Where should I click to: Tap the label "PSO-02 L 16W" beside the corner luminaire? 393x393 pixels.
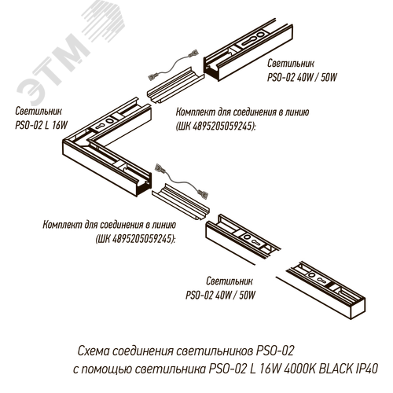(42, 125)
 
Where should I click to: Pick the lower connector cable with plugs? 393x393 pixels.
(182, 181)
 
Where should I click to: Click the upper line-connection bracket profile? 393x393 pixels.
(175, 86)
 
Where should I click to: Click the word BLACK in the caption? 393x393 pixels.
(332, 369)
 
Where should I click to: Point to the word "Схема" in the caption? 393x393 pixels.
(94, 351)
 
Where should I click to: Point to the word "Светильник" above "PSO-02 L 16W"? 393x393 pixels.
(39, 111)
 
